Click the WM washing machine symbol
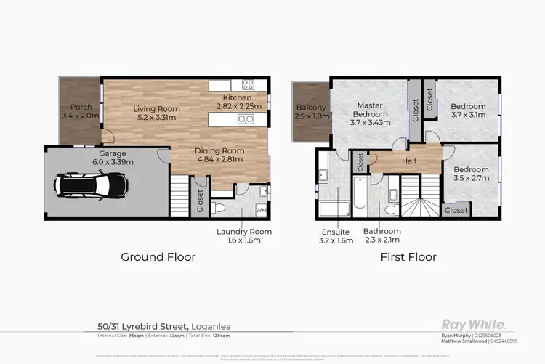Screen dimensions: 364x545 coord(261,209)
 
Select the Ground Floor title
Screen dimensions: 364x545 coord(158,256)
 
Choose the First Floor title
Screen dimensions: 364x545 coord(408,256)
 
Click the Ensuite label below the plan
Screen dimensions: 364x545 coord(336,236)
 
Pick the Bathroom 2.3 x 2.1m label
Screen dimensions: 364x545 coord(382,236)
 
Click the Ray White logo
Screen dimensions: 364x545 coord(473,324)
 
